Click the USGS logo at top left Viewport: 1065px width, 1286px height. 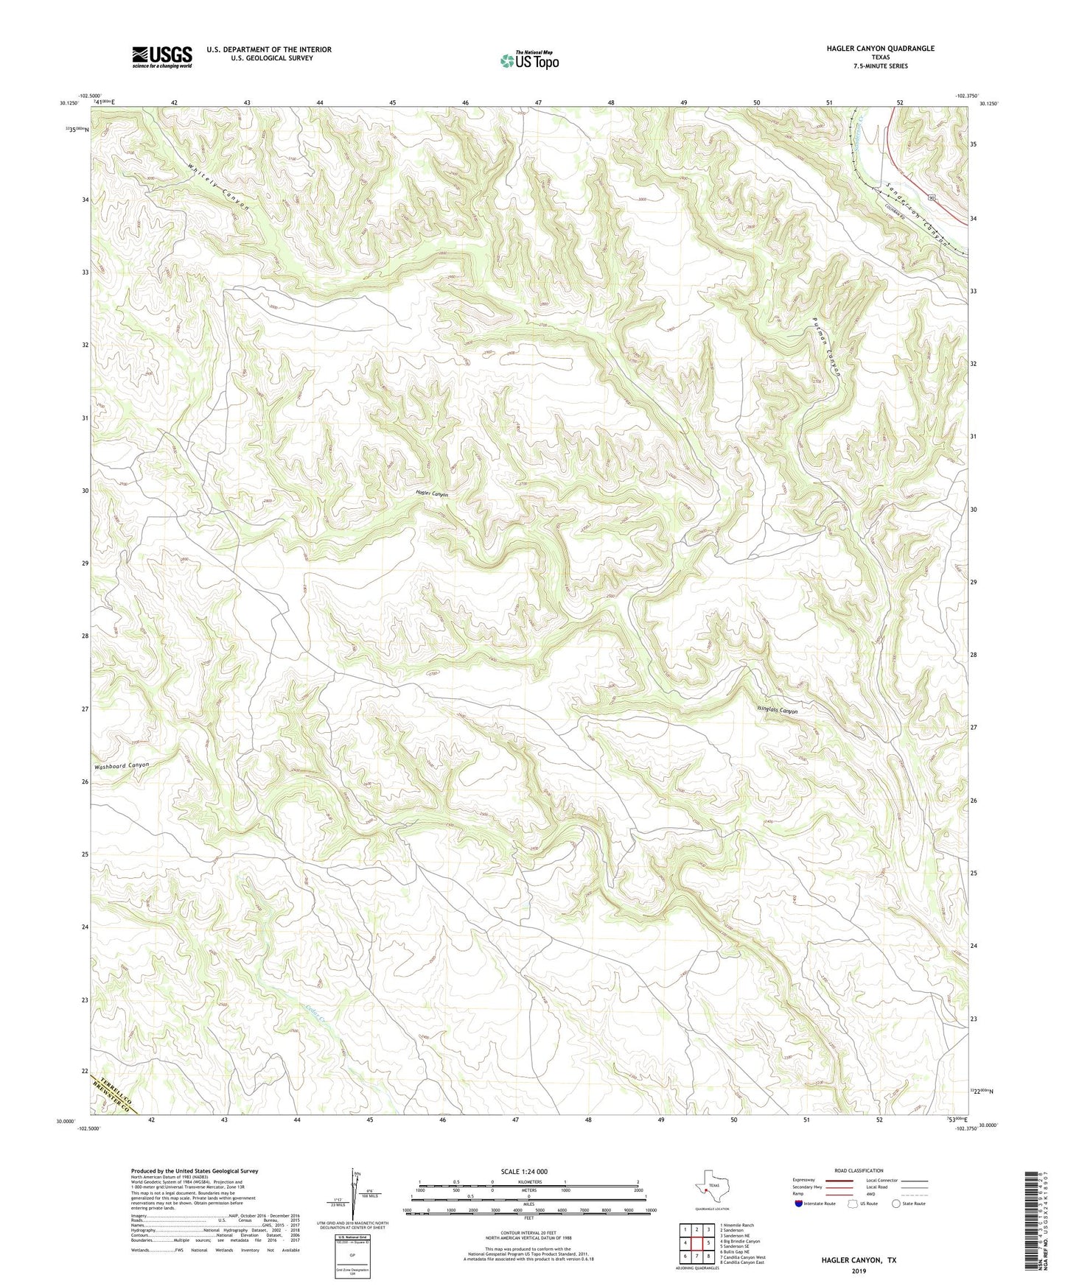pos(162,57)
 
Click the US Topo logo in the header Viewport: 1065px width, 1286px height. pos(529,60)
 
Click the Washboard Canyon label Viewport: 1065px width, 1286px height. pos(121,766)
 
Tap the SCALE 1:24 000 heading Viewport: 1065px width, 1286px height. pos(524,1172)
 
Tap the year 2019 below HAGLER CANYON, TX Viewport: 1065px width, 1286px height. pos(859,1271)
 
